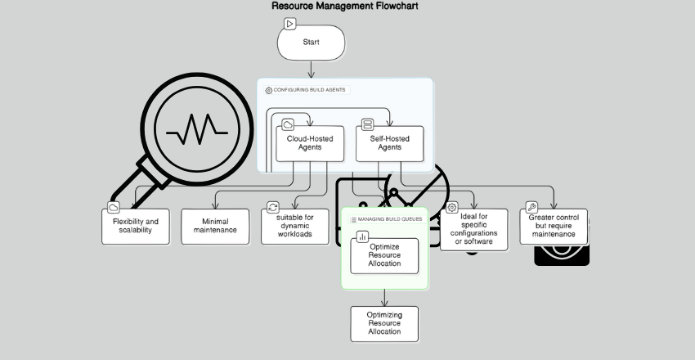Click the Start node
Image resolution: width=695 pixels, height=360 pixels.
311,43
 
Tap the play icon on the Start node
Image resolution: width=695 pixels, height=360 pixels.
289,24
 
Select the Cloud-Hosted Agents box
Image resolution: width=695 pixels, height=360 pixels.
310,143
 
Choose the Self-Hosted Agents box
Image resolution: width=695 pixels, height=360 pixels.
390,143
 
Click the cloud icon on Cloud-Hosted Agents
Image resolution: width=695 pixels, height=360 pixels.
288,125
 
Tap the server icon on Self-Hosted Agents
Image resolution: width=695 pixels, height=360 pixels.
368,125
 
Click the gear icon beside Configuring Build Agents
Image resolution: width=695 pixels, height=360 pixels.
268,90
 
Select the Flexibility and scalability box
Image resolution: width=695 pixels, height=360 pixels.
136,226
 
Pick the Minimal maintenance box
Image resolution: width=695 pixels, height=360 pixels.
214,226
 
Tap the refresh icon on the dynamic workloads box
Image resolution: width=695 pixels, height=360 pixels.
273,208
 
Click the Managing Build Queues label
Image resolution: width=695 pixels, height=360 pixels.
388,219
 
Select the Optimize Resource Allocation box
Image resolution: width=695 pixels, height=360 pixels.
384,256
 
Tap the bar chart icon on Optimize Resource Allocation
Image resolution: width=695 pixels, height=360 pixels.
362,236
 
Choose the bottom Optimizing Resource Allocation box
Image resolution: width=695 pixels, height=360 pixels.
383,323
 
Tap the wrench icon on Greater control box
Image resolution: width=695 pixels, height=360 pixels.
531,208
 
